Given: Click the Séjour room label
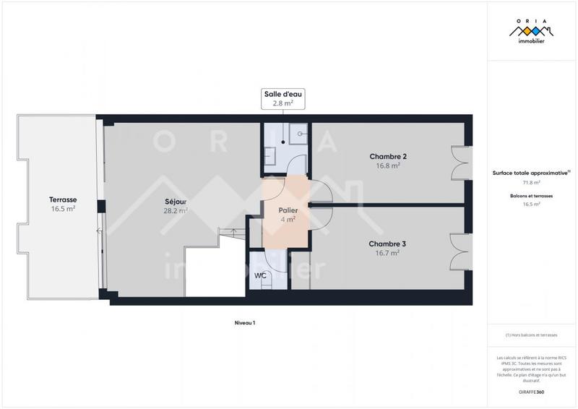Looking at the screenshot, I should tap(176, 202).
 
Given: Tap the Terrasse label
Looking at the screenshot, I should tap(63, 199).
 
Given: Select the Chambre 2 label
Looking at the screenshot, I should tap(388, 157).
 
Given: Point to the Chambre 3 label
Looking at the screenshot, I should tap(387, 244).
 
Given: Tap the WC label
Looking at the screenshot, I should tap(259, 276).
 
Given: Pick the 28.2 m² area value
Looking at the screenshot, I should tap(176, 211).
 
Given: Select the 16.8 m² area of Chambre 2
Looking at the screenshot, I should tap(388, 165).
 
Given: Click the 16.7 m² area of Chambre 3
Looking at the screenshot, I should tap(387, 253).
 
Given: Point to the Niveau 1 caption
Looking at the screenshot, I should tap(245, 323).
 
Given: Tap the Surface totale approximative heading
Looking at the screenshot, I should tap(531, 173).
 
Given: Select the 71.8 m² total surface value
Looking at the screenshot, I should tap(531, 183).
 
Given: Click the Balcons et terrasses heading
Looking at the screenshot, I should tap(531, 196).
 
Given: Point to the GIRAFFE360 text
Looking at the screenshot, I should tap(531, 392).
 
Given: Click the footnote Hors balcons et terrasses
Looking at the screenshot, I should tap(531, 335).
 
